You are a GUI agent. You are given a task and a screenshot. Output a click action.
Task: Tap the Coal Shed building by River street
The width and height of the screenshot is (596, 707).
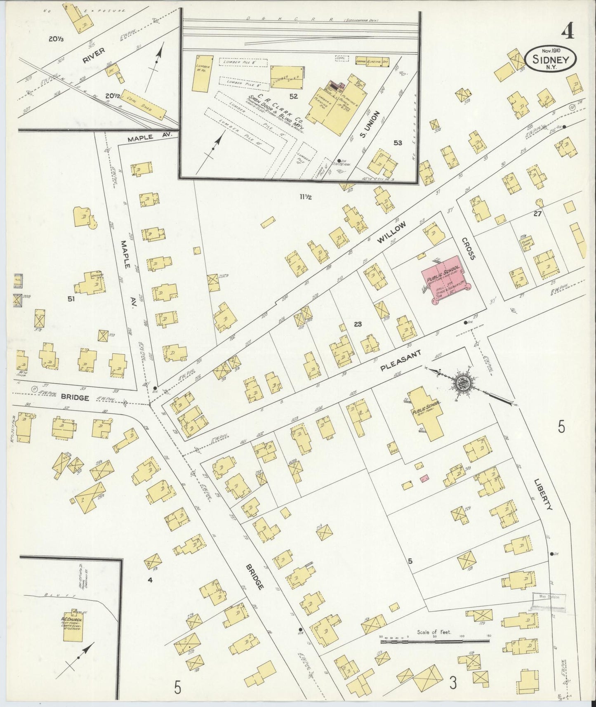pyautogui.click(x=144, y=105)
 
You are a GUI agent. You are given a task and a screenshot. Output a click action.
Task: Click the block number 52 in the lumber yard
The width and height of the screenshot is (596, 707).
pyautogui.click(x=294, y=97)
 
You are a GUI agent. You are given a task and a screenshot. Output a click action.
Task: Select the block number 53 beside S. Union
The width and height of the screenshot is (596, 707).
pyautogui.click(x=398, y=143)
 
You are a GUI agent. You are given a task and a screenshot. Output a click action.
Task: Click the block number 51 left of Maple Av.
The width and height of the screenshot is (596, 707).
pyautogui.click(x=71, y=299)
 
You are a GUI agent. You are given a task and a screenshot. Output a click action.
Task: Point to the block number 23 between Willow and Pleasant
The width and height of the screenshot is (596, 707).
pyautogui.click(x=357, y=324)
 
